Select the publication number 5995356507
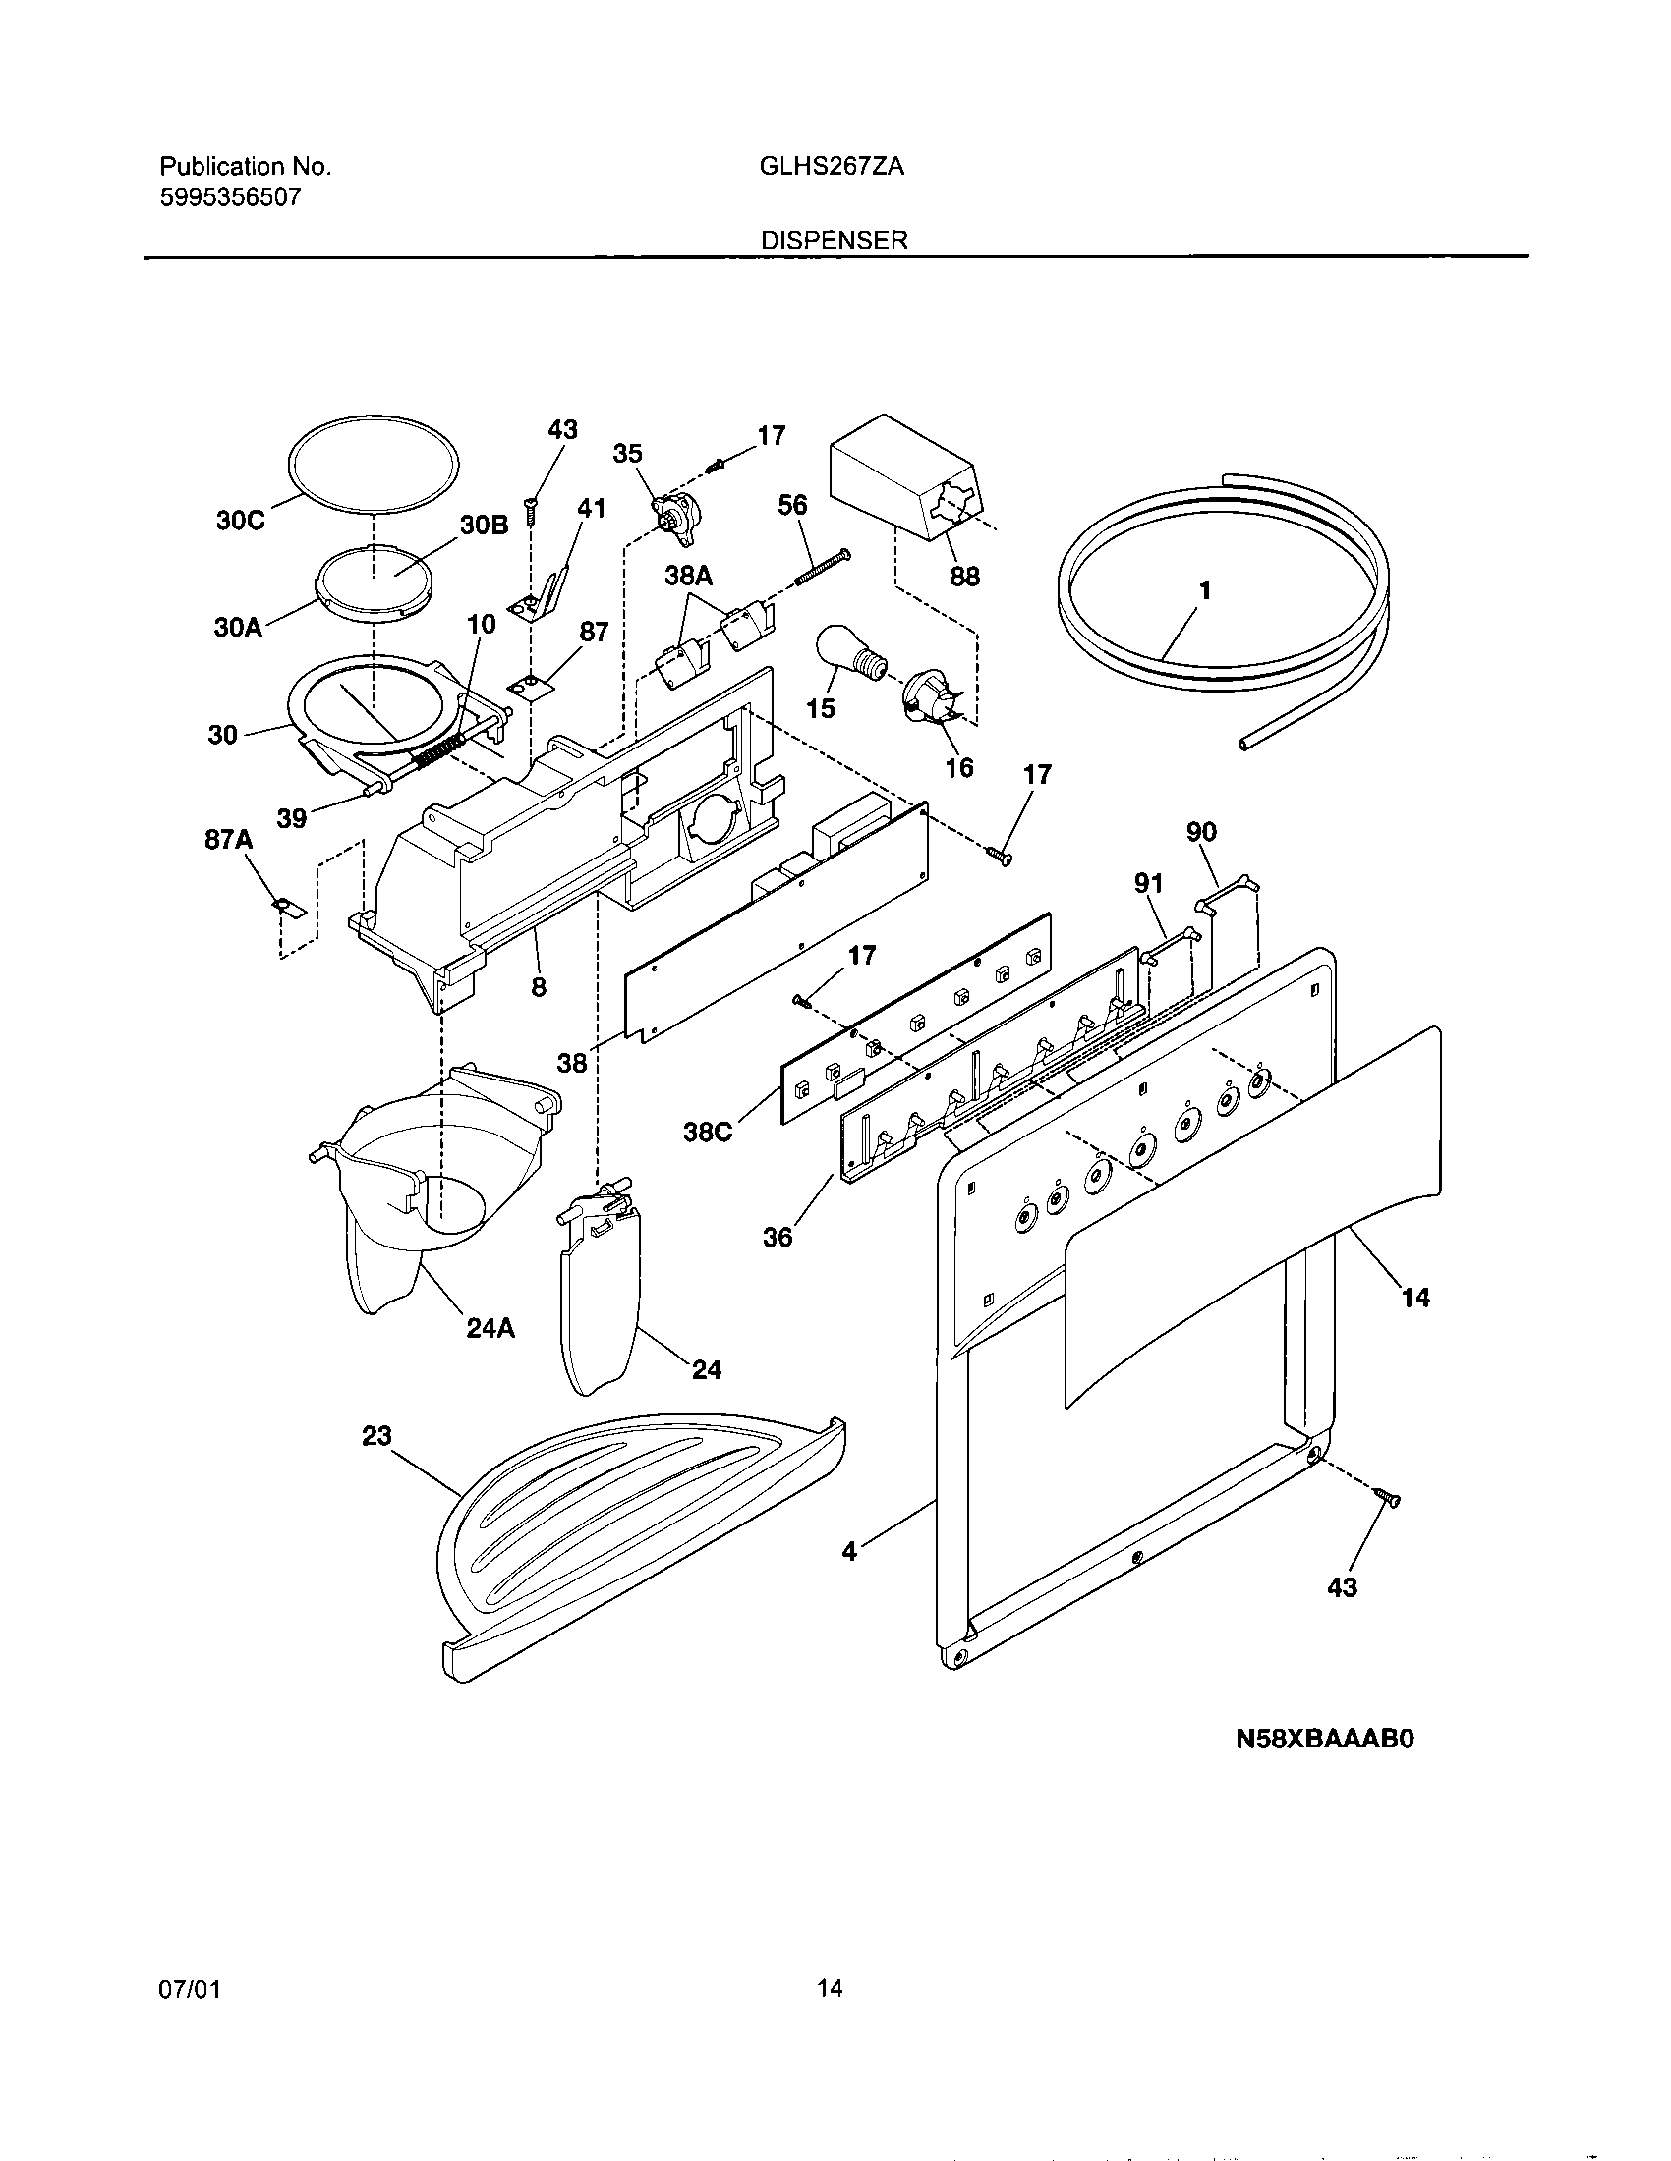(231, 196)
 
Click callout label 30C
(241, 521)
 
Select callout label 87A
(229, 840)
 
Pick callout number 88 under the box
(964, 576)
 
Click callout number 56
(792, 505)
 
